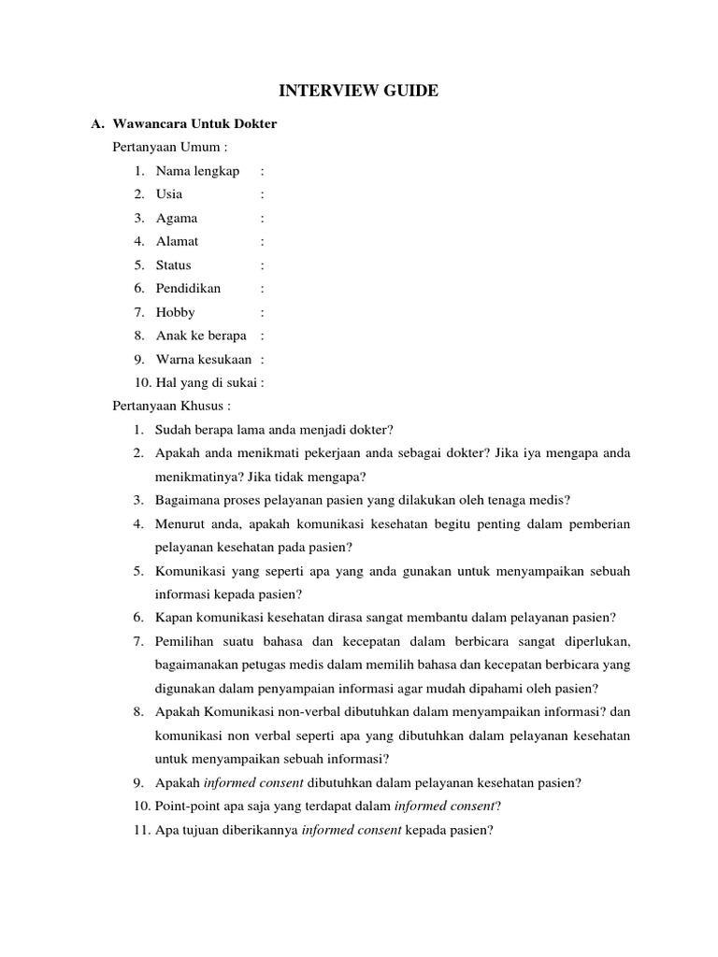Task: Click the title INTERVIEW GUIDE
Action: click(359, 91)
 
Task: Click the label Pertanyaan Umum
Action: click(169, 147)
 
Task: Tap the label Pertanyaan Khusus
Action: click(171, 406)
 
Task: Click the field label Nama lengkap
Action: click(197, 170)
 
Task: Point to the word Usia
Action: click(169, 193)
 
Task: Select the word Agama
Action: click(177, 218)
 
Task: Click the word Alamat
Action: click(178, 241)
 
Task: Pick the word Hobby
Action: click(176, 312)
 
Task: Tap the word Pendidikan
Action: click(188, 288)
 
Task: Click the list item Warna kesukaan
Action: click(204, 359)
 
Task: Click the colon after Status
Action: click(263, 264)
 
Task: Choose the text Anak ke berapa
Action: click(201, 336)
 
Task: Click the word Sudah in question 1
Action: click(174, 429)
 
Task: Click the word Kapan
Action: click(174, 618)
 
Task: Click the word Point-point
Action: click(188, 806)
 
